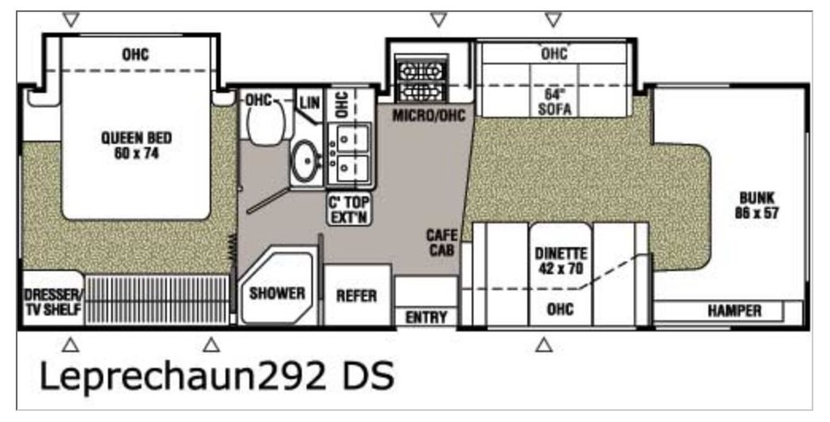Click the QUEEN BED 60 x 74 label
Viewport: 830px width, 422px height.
(x=136, y=146)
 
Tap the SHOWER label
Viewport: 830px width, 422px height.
(x=277, y=293)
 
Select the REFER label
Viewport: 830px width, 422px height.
(x=357, y=296)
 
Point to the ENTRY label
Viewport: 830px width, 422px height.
(x=426, y=318)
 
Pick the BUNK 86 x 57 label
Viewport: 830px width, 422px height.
(x=757, y=205)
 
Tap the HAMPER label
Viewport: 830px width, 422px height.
(x=734, y=311)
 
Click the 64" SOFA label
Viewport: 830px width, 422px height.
(x=554, y=101)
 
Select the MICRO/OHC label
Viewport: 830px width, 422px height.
(x=429, y=115)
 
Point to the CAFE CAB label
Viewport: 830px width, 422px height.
(x=442, y=243)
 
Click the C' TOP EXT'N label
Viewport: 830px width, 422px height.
(x=349, y=209)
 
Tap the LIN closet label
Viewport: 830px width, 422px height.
(x=310, y=102)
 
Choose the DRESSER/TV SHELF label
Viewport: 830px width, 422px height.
(x=53, y=302)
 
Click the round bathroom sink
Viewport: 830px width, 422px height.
(x=306, y=160)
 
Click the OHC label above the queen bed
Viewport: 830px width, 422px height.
(x=135, y=54)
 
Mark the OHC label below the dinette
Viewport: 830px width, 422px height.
(x=561, y=309)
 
